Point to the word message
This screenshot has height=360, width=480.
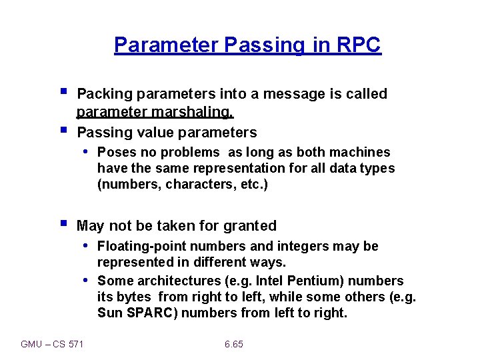(294, 93)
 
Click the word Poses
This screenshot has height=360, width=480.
(116, 152)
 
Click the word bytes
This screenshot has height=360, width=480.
(134, 297)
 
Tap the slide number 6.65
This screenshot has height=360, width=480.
(234, 344)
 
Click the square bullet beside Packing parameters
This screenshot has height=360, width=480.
(63, 91)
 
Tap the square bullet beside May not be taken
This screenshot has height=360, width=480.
(63, 223)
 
